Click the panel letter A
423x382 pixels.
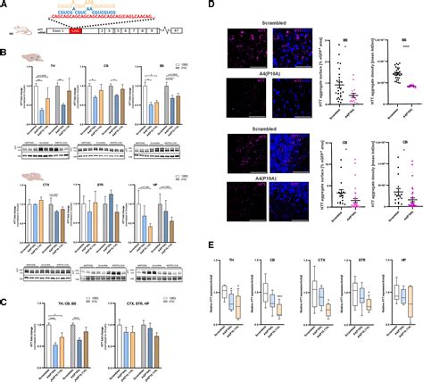(x=4, y=4)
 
